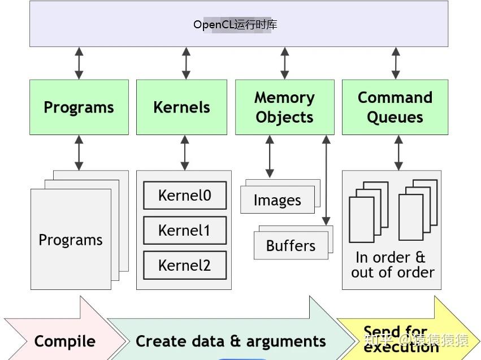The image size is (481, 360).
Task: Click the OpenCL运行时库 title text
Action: pyautogui.click(x=235, y=25)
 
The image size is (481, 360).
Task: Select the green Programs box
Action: pyautogui.click(x=79, y=107)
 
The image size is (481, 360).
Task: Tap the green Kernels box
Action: pyautogui.click(x=181, y=107)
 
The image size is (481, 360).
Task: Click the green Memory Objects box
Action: pyautogui.click(x=284, y=107)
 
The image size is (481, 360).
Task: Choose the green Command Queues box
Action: pyautogui.click(x=395, y=107)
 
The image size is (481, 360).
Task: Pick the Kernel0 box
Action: pyautogui.click(x=184, y=196)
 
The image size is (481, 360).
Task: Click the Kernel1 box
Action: pyautogui.click(x=184, y=231)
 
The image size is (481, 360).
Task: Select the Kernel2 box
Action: pyautogui.click(x=184, y=265)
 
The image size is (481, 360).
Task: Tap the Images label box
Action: pyautogui.click(x=277, y=201)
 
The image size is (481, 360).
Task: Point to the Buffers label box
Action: pyautogui.click(x=291, y=246)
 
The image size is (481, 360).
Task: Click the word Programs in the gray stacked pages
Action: pyautogui.click(x=71, y=240)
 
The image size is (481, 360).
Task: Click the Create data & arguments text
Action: pyautogui.click(x=231, y=341)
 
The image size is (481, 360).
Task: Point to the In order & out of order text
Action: pyautogui.click(x=392, y=265)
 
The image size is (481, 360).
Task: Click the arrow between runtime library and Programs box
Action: pyautogui.click(x=79, y=63)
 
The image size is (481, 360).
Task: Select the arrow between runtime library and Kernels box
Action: pyautogui.click(x=186, y=63)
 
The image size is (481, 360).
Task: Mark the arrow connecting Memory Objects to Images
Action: pyautogui.click(x=270, y=156)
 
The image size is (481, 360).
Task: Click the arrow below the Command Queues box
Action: pyautogui.click(x=398, y=153)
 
